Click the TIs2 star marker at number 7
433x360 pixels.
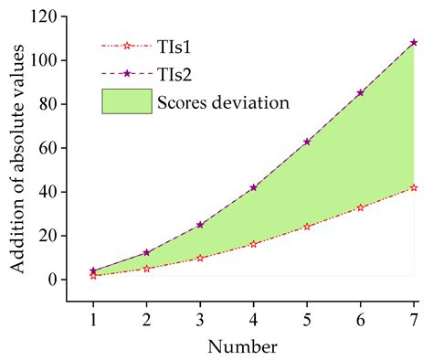(414, 43)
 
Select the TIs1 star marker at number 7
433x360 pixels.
(414, 187)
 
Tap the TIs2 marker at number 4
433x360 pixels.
(253, 187)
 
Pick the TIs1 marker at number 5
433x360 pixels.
(307, 226)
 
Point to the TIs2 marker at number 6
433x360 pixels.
(360, 92)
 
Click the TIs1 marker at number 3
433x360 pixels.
(200, 258)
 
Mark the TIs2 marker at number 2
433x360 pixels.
(147, 252)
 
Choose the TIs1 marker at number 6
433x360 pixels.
(360, 207)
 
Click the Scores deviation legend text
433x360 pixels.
(225, 101)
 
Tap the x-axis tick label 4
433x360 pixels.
(253, 315)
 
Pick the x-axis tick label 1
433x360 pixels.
(93, 315)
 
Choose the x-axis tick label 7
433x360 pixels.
(414, 315)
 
